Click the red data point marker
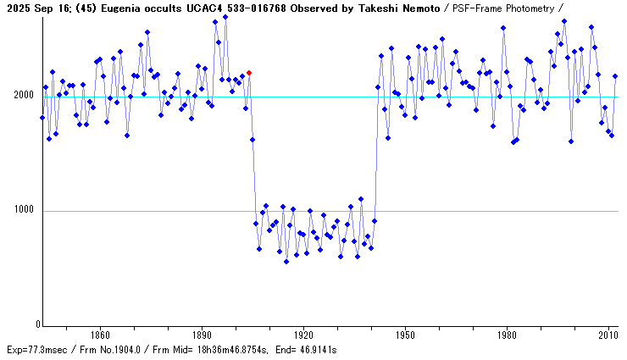click(x=249, y=73)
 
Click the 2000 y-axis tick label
click(x=22, y=97)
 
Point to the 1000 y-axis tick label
click(x=22, y=211)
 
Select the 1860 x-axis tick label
click(x=100, y=335)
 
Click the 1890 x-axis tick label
click(x=202, y=335)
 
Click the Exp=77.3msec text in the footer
click(x=36, y=350)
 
